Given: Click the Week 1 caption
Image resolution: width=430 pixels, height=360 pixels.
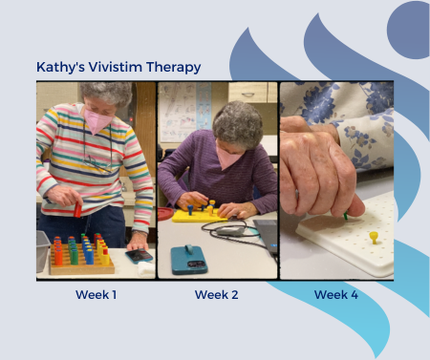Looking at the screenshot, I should click(x=96, y=295).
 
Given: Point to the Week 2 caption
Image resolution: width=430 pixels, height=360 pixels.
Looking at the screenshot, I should click(x=217, y=295).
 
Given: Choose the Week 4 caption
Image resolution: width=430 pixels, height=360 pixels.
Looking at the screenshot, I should click(x=336, y=295).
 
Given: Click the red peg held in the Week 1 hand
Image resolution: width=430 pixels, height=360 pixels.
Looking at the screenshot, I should click(x=77, y=208).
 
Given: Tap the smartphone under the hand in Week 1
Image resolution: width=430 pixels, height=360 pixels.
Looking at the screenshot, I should click(x=139, y=256).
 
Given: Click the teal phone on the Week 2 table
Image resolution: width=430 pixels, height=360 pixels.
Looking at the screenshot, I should click(x=189, y=259).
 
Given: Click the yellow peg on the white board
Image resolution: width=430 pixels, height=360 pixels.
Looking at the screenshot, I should click(x=374, y=235).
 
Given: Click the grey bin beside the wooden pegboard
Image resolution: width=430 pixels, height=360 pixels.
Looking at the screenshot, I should click(x=42, y=250).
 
